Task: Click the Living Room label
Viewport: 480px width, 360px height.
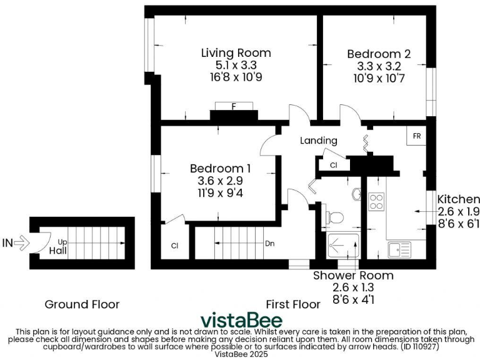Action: click(236, 52)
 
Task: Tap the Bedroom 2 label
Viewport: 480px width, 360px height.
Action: click(379, 54)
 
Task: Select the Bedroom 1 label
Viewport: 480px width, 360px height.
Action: click(220, 168)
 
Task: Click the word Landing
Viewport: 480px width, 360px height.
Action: click(318, 141)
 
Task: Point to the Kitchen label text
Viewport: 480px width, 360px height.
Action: click(458, 199)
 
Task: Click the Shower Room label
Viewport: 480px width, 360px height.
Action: click(353, 275)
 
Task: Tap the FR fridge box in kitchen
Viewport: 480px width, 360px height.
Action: click(415, 136)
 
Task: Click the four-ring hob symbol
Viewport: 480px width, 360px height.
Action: click(377, 201)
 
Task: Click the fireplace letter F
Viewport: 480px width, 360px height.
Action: click(234, 107)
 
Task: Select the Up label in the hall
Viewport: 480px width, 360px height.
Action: click(62, 241)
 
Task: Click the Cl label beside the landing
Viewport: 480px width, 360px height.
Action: click(333, 165)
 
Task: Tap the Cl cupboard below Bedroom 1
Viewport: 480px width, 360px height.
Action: click(174, 246)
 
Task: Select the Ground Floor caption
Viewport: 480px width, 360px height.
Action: click(82, 304)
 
